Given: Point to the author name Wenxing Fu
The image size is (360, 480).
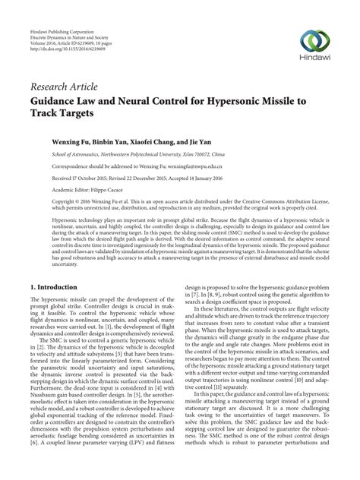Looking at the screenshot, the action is coord(74,142).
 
